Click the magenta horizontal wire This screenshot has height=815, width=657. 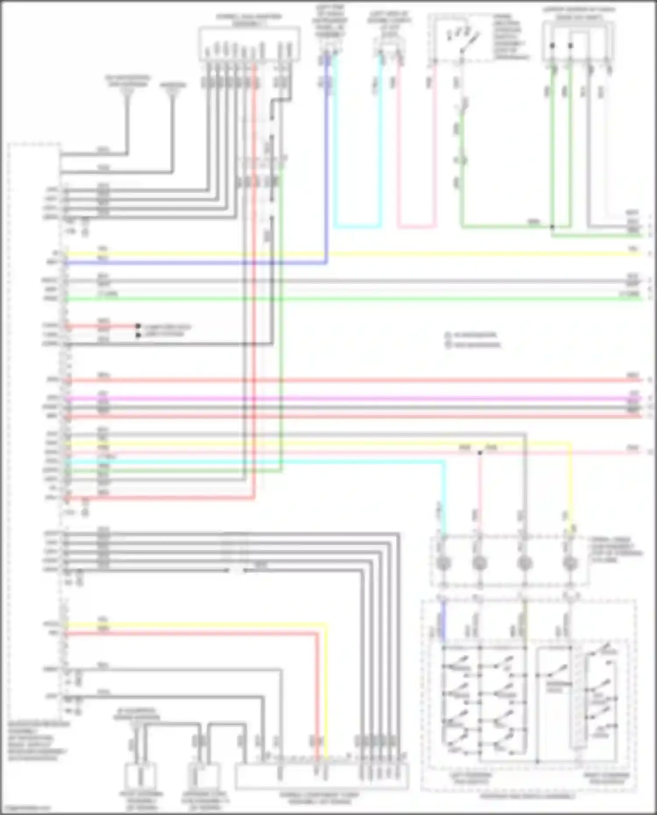click(x=350, y=399)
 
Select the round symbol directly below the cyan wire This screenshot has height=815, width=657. click(x=443, y=563)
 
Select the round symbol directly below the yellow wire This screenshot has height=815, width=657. click(x=569, y=563)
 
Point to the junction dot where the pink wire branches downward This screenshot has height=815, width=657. click(x=480, y=452)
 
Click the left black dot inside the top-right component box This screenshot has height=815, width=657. click(x=552, y=46)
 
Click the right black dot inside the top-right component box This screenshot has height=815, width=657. click(x=570, y=46)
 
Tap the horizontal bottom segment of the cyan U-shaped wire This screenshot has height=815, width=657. click(x=357, y=227)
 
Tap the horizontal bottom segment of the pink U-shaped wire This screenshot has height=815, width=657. click(x=416, y=227)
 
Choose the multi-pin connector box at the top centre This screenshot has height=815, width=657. click(x=249, y=44)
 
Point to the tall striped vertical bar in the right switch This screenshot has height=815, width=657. click(x=578, y=701)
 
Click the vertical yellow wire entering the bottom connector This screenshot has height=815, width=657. click(x=326, y=701)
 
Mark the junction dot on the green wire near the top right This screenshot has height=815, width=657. click(x=552, y=227)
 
